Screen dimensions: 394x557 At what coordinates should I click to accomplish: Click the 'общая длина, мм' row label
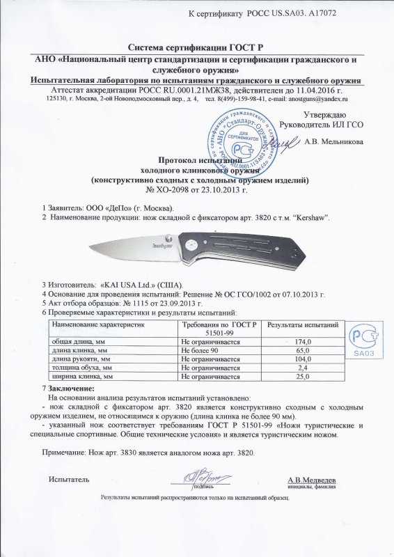(77, 342)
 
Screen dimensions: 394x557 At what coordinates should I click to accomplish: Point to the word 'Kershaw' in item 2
(308, 218)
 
